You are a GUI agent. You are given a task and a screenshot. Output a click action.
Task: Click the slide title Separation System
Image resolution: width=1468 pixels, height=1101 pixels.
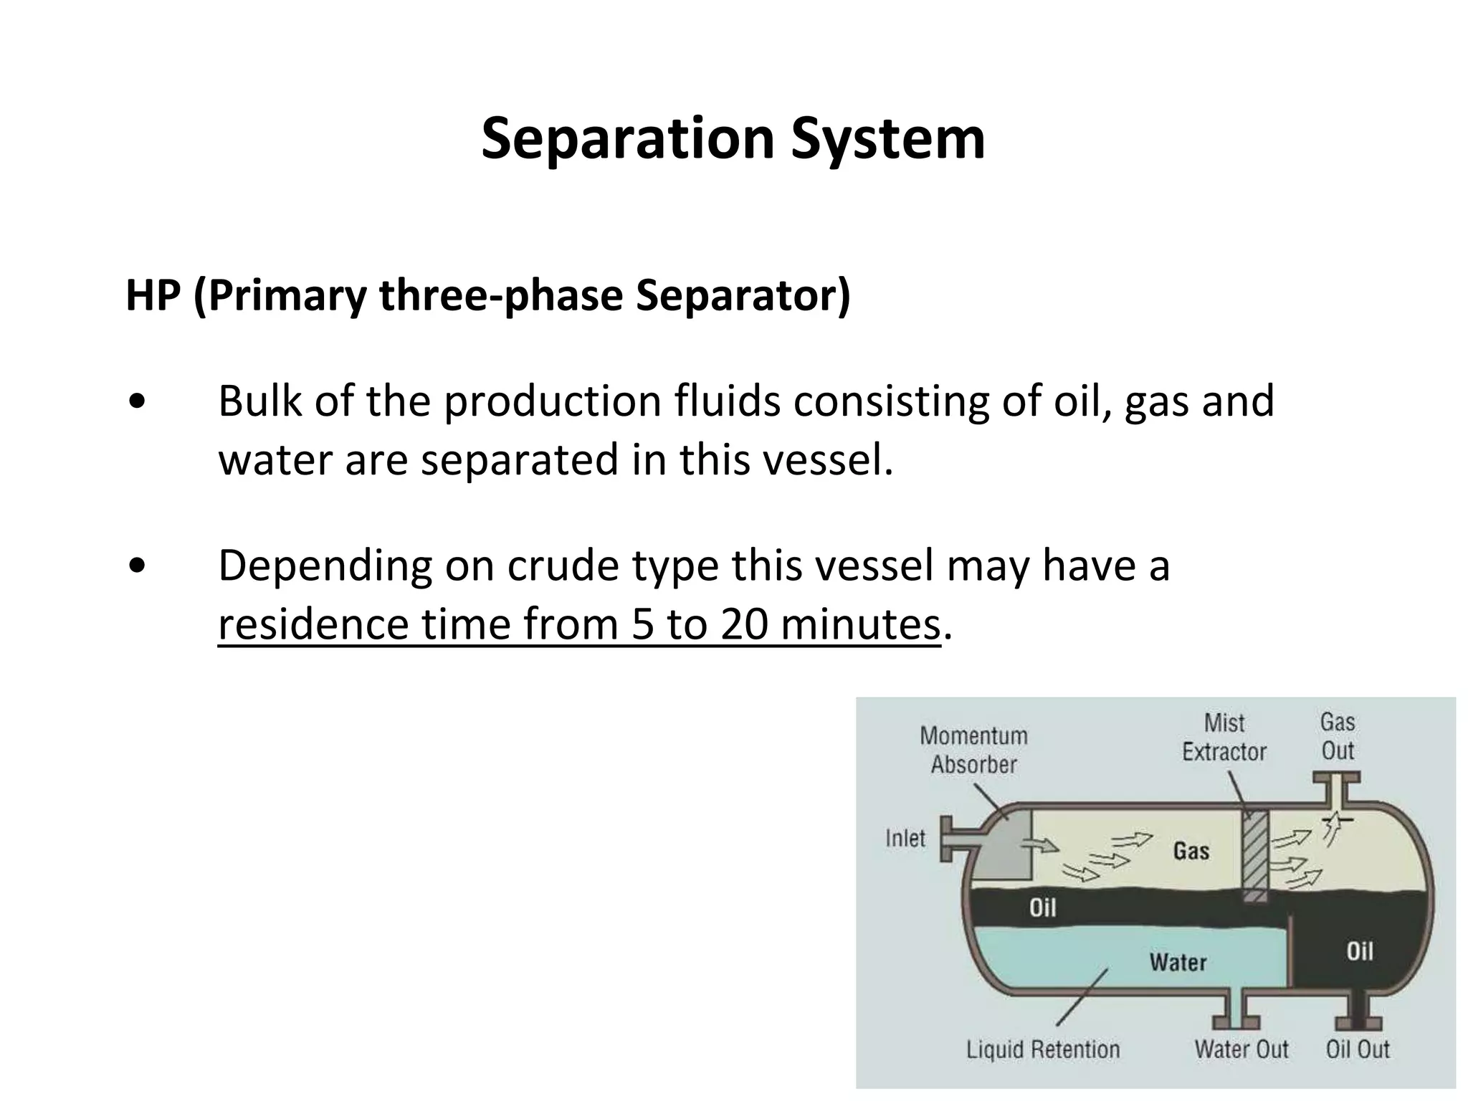pos(733,138)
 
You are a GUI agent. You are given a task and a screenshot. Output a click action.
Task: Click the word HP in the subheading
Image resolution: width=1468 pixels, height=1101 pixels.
pos(152,295)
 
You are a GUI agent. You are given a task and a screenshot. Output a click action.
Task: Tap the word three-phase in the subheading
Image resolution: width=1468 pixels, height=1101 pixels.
pos(500,295)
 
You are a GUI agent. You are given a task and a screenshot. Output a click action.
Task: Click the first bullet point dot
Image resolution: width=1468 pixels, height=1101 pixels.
pos(137,402)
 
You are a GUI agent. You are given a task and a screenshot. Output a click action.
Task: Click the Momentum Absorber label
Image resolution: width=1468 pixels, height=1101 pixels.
pos(973,750)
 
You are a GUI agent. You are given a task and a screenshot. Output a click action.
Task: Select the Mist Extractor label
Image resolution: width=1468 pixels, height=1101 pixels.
pos(1224,738)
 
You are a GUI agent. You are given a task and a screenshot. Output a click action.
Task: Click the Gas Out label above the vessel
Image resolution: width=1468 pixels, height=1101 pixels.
pos(1338,736)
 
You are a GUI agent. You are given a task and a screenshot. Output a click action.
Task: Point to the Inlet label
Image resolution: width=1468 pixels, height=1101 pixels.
pos(905,838)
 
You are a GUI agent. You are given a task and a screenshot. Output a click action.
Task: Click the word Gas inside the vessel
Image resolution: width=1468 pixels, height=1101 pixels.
pos(1191,851)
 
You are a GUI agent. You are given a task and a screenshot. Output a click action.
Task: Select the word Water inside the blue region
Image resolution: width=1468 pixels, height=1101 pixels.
pos(1178,962)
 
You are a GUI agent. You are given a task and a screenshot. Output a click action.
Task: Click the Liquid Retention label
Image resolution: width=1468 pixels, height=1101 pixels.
pos(1043,1049)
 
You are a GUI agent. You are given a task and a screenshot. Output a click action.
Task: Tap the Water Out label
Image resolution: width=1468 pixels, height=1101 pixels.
pos(1241,1049)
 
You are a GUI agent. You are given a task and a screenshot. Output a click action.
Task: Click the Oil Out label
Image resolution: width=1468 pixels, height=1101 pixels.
pos(1358,1049)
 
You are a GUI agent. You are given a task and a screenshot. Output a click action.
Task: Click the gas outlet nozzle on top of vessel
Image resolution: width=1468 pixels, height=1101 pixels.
pos(1336,788)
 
